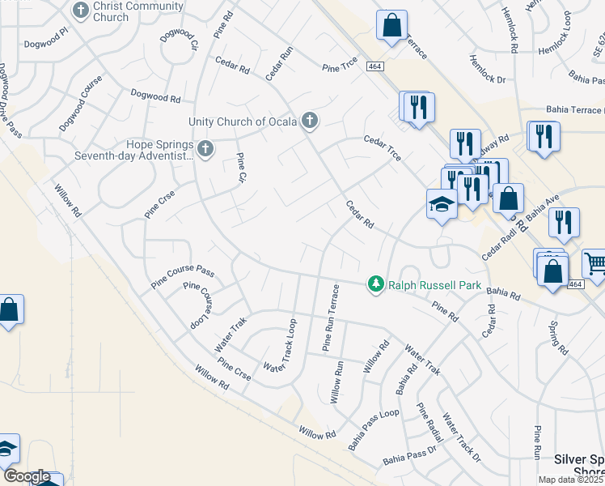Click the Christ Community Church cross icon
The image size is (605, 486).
pos(80,11)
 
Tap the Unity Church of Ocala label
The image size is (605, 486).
pos(243,122)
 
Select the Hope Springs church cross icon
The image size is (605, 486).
pos(205,148)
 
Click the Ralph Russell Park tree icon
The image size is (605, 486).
pos(375,284)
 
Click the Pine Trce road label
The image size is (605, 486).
pos(340,69)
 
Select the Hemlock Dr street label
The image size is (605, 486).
pos(491,79)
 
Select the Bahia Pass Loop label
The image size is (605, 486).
pos(374,430)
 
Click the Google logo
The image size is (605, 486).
pos(27,476)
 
